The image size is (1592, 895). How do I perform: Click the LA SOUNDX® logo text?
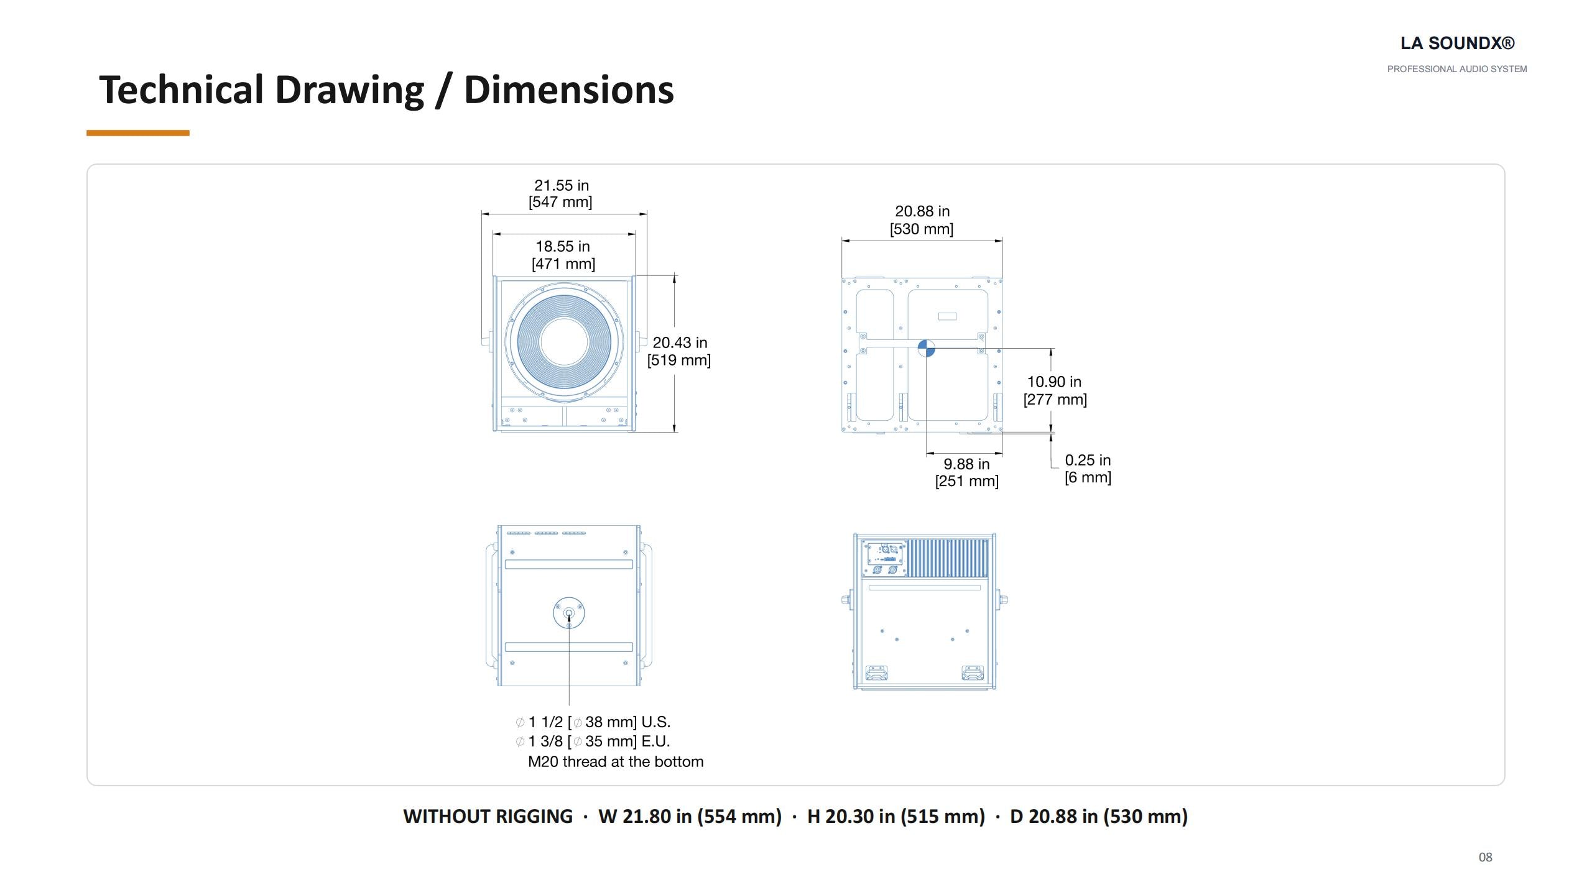(x=1457, y=44)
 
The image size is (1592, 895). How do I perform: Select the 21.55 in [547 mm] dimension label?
(x=561, y=193)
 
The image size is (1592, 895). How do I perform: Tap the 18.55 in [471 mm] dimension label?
(x=563, y=255)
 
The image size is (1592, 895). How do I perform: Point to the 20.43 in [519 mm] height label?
(x=679, y=351)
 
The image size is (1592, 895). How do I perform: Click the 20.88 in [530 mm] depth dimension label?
(x=922, y=220)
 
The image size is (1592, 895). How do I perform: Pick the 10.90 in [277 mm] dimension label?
(x=1055, y=390)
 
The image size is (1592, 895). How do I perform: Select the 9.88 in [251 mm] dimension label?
(x=967, y=472)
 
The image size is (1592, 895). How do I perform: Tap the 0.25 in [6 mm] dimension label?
(x=1088, y=469)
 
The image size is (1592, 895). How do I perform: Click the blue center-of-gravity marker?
(x=926, y=349)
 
